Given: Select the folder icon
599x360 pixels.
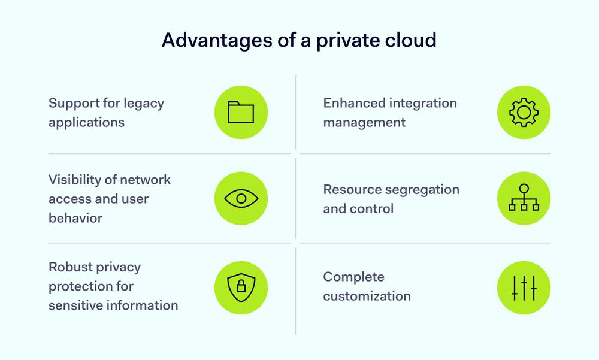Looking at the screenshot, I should click(x=241, y=113).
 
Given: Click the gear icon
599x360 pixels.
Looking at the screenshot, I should click(x=524, y=113).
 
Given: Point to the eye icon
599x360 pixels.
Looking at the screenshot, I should click(x=241, y=198).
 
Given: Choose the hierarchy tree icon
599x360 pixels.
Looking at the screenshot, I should click(x=524, y=198).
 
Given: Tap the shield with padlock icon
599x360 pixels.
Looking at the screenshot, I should click(x=241, y=287).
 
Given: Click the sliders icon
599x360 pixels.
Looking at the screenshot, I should click(x=524, y=287).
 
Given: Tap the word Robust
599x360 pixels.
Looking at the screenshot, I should click(x=70, y=267).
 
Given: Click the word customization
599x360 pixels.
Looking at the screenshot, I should click(x=367, y=296).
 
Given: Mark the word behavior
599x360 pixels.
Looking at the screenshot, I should click(x=75, y=218).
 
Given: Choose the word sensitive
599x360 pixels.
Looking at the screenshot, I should click(x=75, y=305).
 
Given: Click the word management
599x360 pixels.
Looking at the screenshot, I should click(x=364, y=122).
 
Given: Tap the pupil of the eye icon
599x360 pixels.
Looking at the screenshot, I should click(x=241, y=198).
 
